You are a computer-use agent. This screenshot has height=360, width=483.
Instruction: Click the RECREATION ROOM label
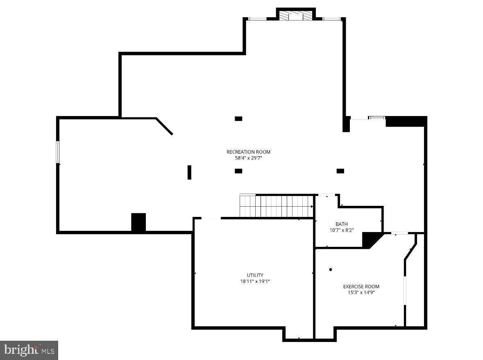[248, 152]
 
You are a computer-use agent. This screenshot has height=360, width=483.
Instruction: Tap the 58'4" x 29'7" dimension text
[248, 157]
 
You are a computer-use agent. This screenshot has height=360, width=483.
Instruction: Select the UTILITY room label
[255, 275]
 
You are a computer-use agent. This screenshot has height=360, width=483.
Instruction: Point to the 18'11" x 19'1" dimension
[255, 281]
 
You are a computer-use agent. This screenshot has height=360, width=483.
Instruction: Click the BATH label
[341, 224]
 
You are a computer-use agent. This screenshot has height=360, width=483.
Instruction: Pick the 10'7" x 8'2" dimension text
[341, 230]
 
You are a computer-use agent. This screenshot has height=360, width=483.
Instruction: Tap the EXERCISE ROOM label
[361, 287]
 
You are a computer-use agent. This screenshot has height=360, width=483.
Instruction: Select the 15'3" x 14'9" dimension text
[361, 292]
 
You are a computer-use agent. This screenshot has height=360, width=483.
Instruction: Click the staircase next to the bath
[276, 206]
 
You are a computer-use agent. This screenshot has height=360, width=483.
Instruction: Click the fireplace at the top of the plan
[295, 16]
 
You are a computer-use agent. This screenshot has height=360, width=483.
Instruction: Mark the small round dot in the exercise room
[330, 269]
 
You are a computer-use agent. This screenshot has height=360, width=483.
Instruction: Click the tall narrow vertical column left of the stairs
[189, 172]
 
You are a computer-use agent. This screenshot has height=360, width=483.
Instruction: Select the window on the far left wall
[58, 152]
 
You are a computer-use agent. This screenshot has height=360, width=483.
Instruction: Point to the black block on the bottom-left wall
[138, 223]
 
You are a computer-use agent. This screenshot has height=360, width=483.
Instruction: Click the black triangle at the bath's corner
[370, 239]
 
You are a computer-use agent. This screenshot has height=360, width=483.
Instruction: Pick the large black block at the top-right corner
[405, 121]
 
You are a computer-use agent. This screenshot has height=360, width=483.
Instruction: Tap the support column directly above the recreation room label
[238, 118]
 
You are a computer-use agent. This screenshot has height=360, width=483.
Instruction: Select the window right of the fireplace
[331, 18]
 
